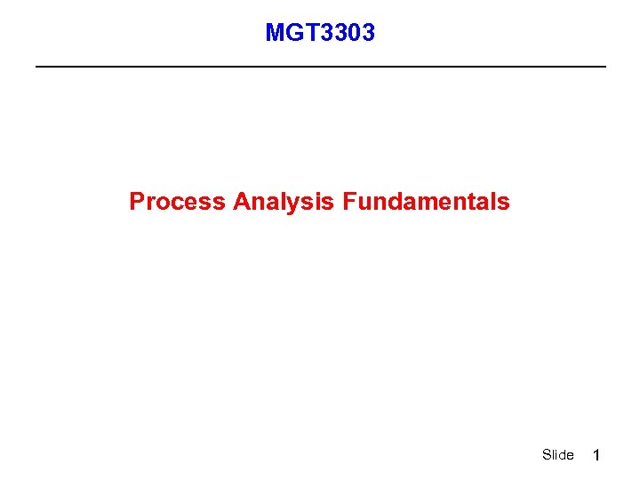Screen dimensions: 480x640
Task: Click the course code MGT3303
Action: (x=320, y=34)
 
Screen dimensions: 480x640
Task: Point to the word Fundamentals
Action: (x=426, y=202)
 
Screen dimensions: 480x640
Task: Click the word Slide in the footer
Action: (x=557, y=455)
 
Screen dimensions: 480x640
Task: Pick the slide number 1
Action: (x=597, y=455)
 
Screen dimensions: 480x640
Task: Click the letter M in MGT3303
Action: (x=275, y=34)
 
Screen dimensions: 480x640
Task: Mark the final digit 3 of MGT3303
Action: (x=368, y=34)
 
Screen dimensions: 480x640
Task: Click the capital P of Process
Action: (x=137, y=202)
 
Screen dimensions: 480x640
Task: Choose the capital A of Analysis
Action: (x=242, y=202)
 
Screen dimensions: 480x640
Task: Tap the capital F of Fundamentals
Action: (x=348, y=202)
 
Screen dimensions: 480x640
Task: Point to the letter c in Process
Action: (x=180, y=204)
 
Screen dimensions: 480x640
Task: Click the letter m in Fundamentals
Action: (x=435, y=204)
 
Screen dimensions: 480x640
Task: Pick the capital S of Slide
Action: (x=546, y=455)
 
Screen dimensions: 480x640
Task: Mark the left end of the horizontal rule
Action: (x=36, y=67)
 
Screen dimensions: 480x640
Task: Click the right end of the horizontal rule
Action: (x=604, y=67)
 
